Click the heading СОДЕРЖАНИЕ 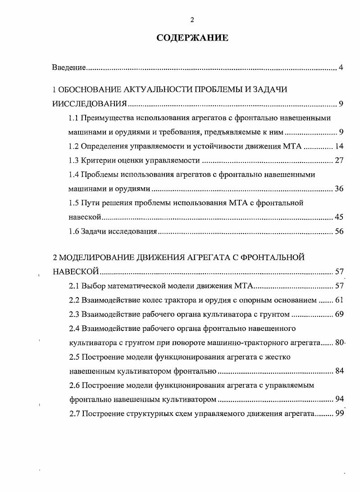coord(192,38)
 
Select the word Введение coord(69,68)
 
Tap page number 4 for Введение coord(341,68)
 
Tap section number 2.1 coord(74,286)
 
